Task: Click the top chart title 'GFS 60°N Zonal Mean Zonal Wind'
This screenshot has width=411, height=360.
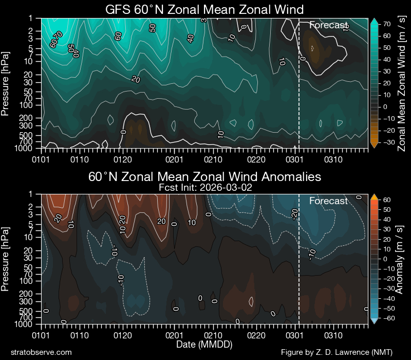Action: tap(204, 9)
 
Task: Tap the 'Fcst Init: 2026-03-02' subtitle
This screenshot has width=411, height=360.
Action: tap(204, 188)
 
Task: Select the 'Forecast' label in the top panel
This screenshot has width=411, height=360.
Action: tap(329, 25)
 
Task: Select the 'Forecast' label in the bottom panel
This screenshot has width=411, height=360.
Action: tap(329, 201)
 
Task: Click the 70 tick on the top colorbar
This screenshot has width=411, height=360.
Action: tap(385, 24)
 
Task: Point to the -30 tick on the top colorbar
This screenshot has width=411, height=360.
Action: tap(386, 141)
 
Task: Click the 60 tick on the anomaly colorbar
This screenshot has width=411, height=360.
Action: tap(385, 200)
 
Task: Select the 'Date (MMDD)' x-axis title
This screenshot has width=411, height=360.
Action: tap(204, 343)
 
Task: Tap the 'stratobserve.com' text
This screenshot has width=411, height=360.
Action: tap(41, 352)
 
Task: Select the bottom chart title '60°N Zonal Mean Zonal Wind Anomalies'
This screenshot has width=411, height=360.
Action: tap(204, 177)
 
